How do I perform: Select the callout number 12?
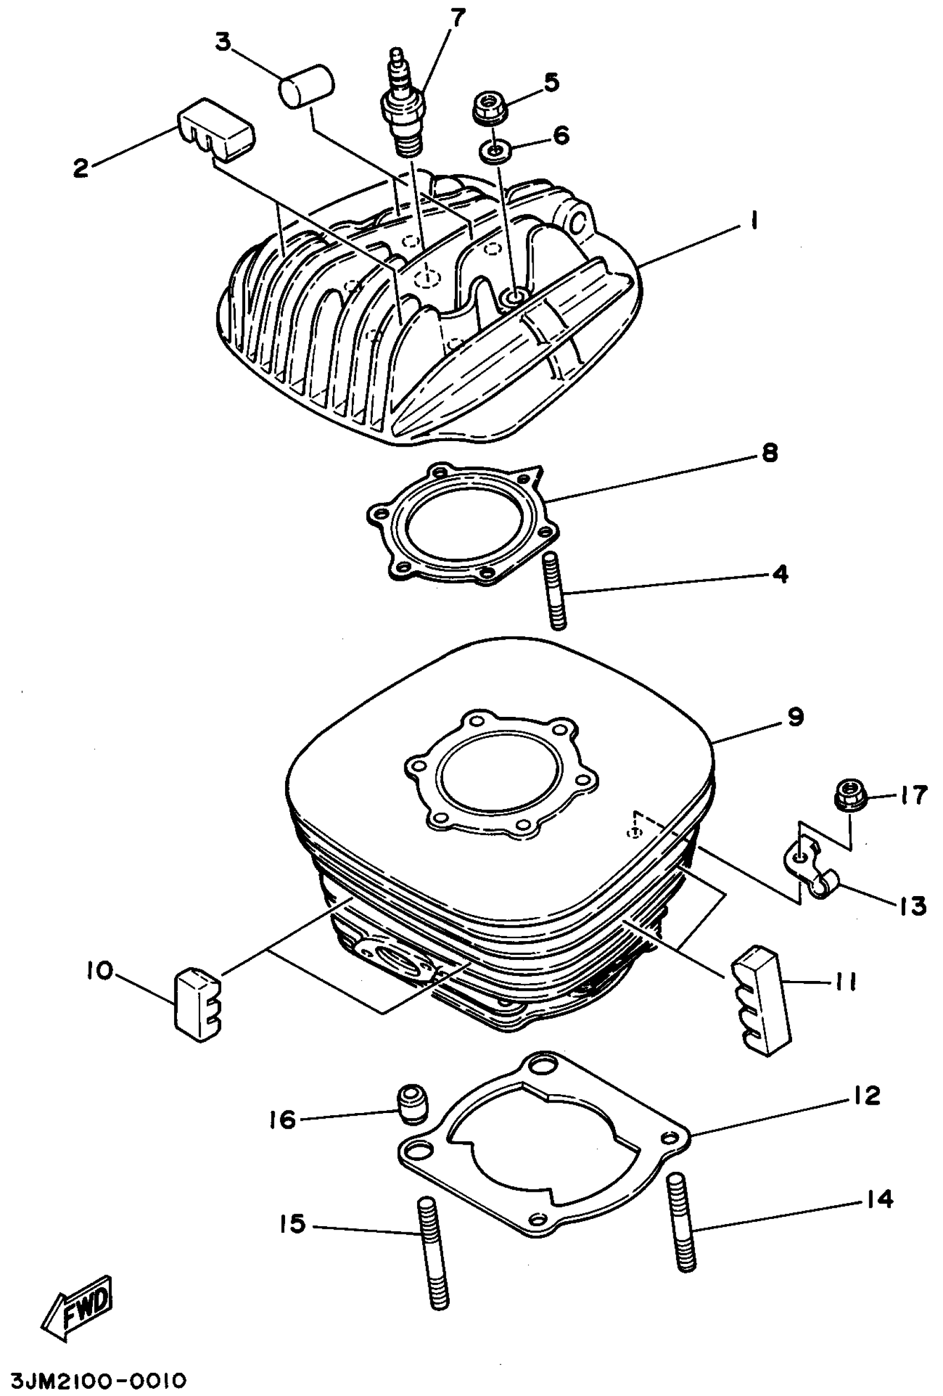[865, 1095]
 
